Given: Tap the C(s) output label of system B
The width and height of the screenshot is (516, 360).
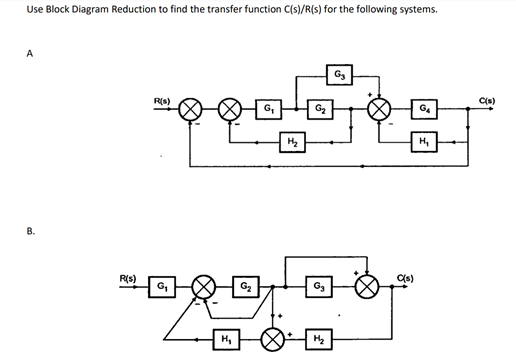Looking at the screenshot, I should [406, 277].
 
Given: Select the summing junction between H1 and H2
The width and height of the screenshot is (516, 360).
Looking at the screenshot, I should [272, 337].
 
